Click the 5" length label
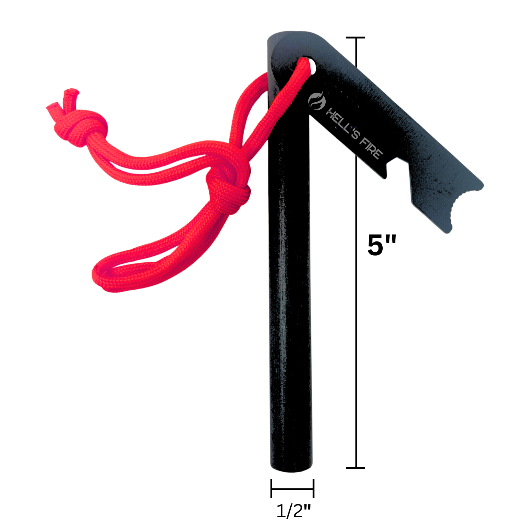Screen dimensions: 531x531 coord(382,245)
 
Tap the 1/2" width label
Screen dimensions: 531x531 coord(293,511)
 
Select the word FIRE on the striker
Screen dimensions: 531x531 coord(371,148)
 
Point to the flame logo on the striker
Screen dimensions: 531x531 coord(316,101)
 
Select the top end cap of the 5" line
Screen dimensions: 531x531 coord(355,37)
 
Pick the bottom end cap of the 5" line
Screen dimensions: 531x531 coord(355,468)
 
